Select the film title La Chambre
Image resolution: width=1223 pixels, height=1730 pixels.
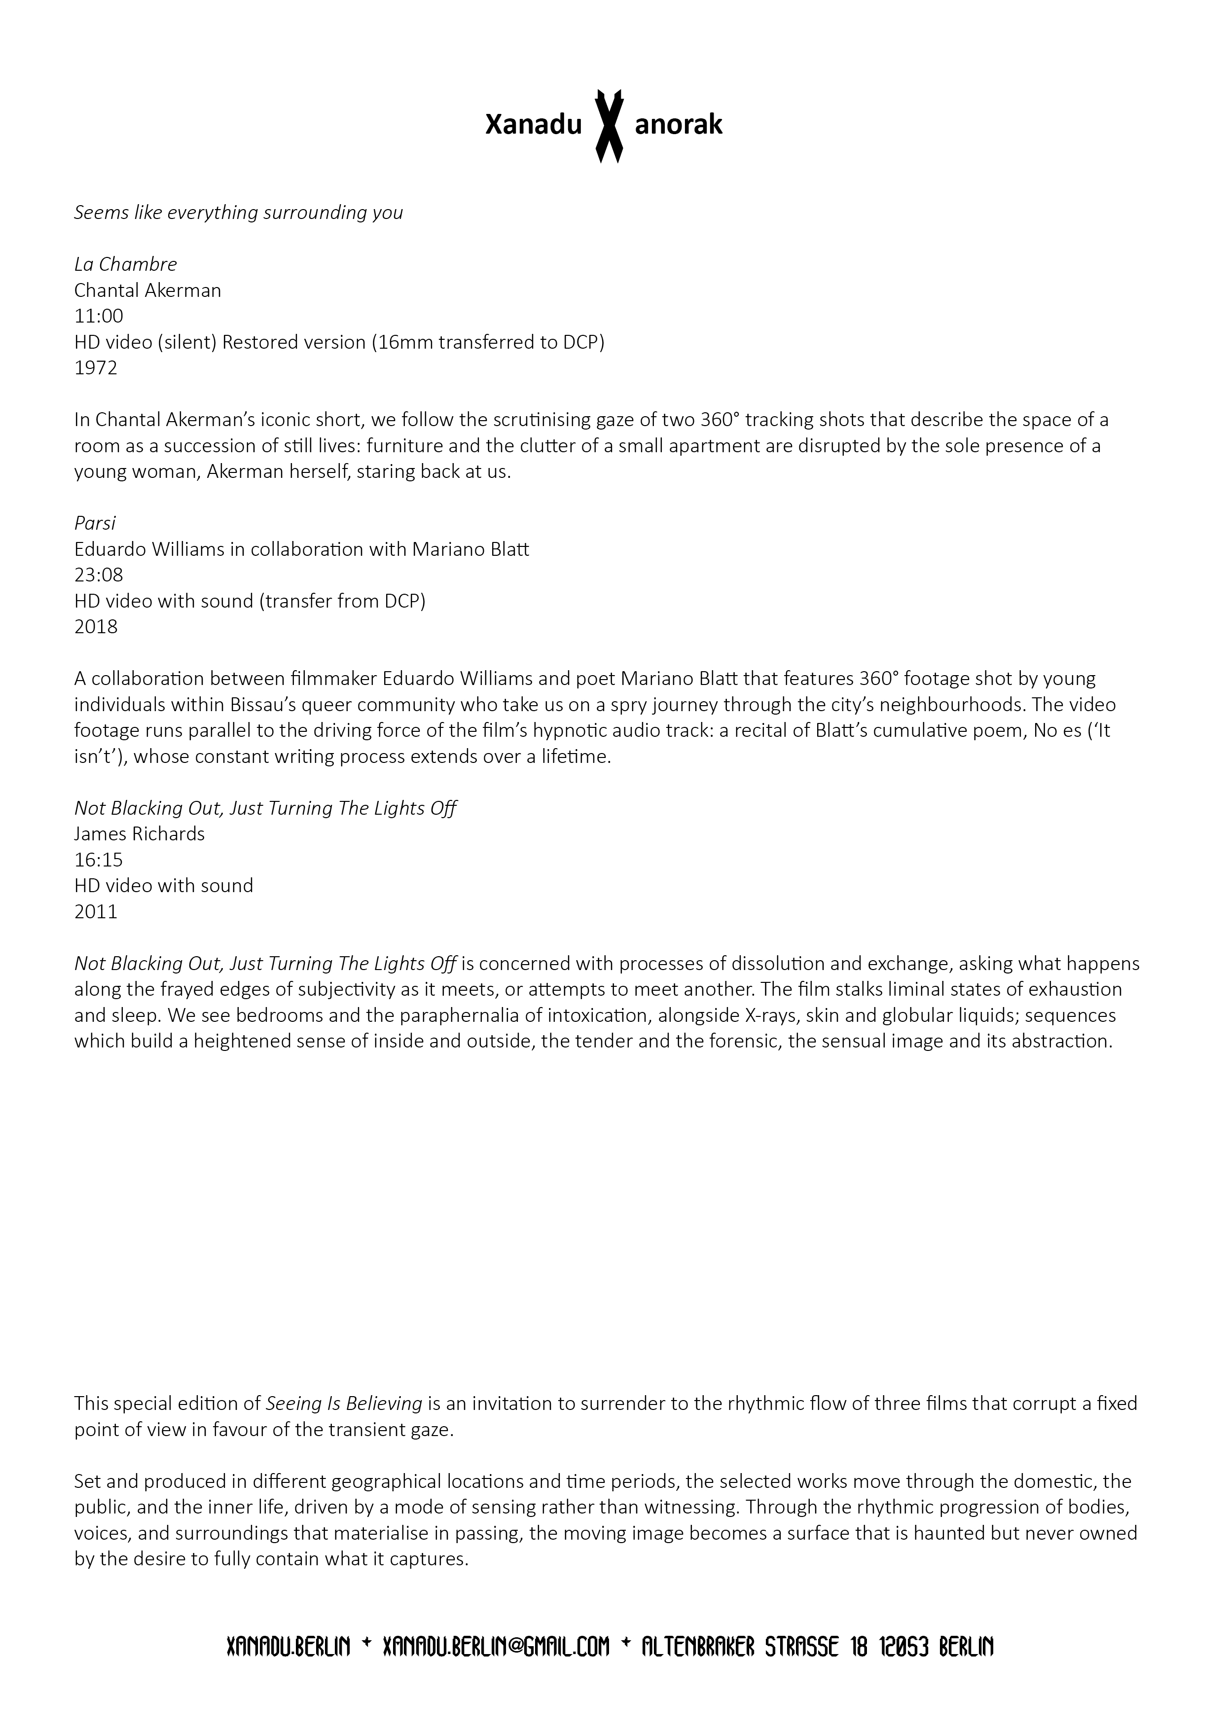(x=125, y=264)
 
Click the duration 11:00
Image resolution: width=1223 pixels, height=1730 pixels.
(x=99, y=317)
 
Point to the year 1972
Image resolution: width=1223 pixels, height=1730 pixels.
(x=96, y=368)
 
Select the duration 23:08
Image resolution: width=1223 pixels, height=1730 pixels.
(x=99, y=576)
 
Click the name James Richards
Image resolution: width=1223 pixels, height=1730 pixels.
(x=140, y=834)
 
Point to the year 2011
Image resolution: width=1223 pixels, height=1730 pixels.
(x=96, y=912)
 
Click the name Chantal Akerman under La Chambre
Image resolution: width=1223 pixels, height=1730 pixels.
(x=147, y=291)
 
